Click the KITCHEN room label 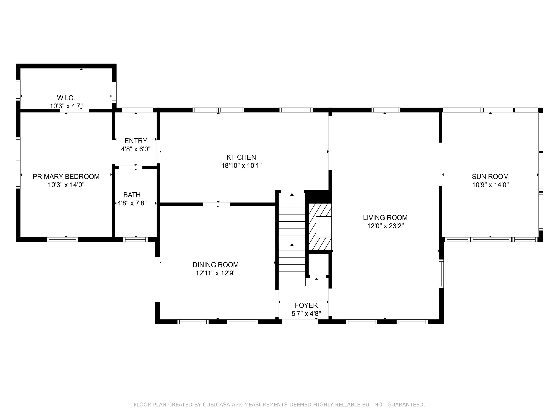241,157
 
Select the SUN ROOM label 490,177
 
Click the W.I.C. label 66,98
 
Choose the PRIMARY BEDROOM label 66,177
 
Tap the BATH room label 132,195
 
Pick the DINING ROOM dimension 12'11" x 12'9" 216,273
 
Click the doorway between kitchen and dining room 217,204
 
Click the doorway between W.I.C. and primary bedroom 75,111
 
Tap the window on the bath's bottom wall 135,239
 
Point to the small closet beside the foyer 318,264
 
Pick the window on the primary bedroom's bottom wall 62,239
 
